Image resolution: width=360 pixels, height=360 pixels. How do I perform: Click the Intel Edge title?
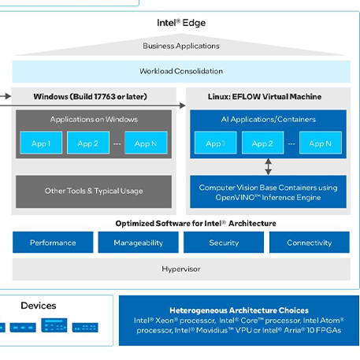pos(181,23)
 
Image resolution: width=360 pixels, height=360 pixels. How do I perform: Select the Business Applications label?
pos(181,46)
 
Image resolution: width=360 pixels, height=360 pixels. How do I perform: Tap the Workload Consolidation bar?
pos(181,72)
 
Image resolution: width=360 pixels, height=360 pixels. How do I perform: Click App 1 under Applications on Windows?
pos(41,143)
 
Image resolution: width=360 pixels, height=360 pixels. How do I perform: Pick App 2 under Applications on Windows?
pos(88,143)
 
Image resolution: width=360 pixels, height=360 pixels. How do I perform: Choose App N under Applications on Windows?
pos(146,143)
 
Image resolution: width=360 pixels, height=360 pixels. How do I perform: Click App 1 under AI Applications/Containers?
pos(216,143)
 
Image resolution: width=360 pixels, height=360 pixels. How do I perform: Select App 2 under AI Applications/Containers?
pos(262,143)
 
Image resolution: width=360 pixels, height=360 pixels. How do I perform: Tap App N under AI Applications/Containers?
pos(321,143)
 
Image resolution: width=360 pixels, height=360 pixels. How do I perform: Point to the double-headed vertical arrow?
pos(268,166)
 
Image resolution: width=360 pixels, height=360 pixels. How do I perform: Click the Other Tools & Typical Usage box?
pos(94,191)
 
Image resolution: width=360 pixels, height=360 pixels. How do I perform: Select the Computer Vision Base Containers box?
pos(268,191)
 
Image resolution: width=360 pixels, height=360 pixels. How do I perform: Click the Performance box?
pos(53,243)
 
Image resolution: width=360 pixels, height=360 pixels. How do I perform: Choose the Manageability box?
pos(139,243)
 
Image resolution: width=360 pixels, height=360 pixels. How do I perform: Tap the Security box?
pos(224,243)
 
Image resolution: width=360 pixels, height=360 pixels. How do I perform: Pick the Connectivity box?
pos(310,243)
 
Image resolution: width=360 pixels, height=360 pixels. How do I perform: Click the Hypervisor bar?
pos(181,269)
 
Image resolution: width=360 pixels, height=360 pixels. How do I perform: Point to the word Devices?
pos(39,306)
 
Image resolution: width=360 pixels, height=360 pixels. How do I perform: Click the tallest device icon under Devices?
pos(54,325)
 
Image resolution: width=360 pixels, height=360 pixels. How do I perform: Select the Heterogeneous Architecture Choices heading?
pos(239,310)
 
